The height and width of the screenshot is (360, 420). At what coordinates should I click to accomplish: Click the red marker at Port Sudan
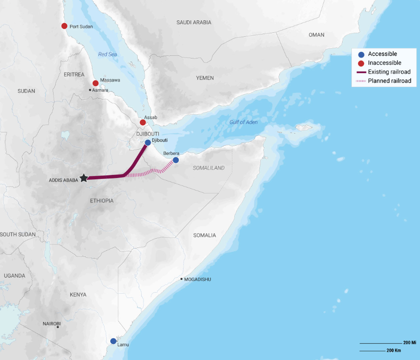64,26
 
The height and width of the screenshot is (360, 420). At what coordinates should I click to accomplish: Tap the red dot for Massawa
96,83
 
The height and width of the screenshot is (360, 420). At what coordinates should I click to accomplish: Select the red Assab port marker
143,122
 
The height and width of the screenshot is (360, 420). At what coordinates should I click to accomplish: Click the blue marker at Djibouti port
148,143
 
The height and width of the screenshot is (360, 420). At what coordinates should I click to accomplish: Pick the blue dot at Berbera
176,160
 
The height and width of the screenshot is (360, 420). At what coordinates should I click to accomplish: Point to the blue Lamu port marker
113,341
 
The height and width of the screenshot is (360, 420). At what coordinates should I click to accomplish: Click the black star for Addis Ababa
83,178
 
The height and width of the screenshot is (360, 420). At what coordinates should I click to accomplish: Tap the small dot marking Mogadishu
181,279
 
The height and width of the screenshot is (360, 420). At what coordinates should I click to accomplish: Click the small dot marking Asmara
90,90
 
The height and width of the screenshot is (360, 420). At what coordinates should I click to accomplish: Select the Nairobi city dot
58,327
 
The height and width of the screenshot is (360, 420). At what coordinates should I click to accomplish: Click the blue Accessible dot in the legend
361,54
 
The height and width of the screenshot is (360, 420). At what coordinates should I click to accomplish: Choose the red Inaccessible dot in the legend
361,63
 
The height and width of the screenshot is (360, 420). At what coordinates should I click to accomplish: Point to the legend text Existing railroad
389,72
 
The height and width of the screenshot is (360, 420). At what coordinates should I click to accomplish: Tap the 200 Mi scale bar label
409,343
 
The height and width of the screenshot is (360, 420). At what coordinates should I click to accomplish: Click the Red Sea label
108,54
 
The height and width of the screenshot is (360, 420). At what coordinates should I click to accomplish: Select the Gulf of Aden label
243,122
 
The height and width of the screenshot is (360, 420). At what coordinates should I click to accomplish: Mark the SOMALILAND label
208,168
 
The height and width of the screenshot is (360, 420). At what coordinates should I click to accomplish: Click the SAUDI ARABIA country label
194,22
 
